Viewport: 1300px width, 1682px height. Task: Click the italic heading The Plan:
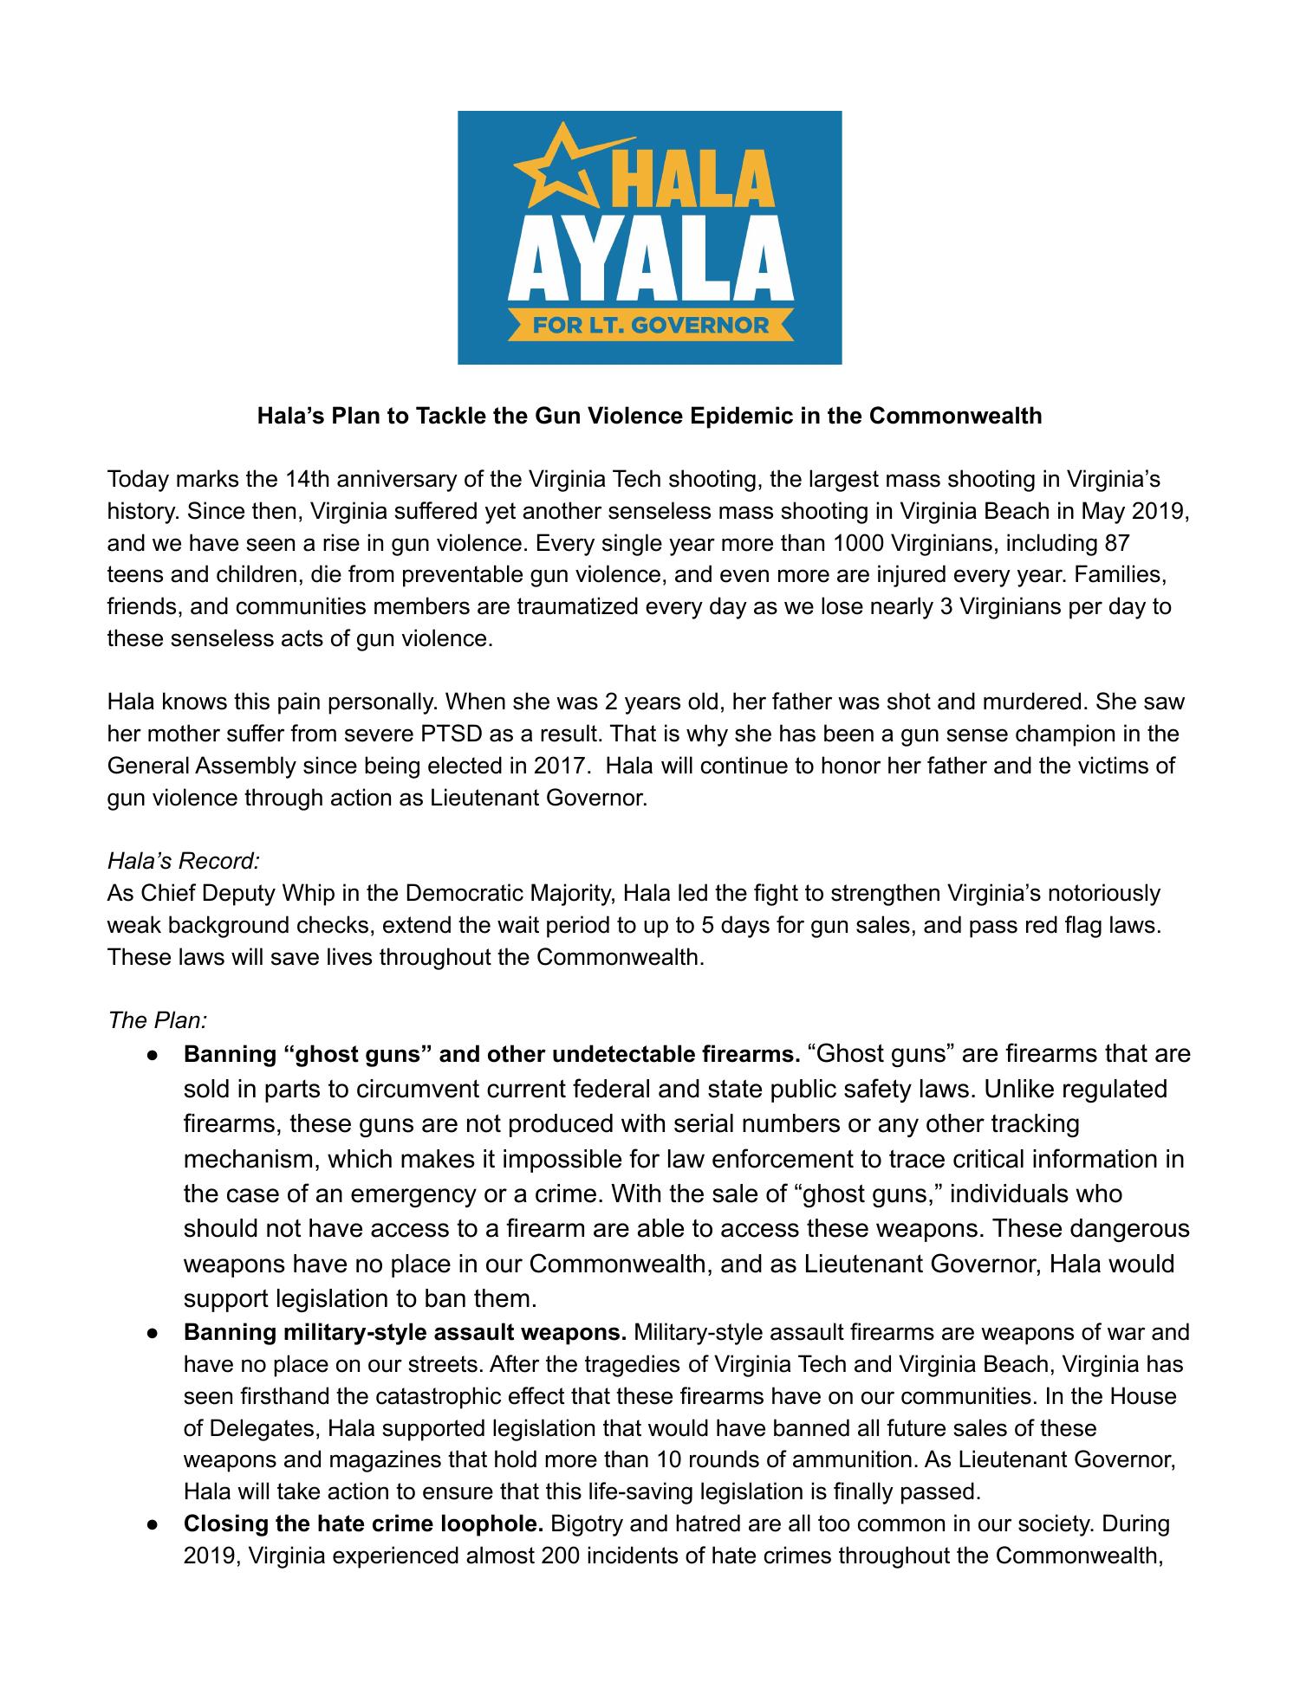point(156,1020)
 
